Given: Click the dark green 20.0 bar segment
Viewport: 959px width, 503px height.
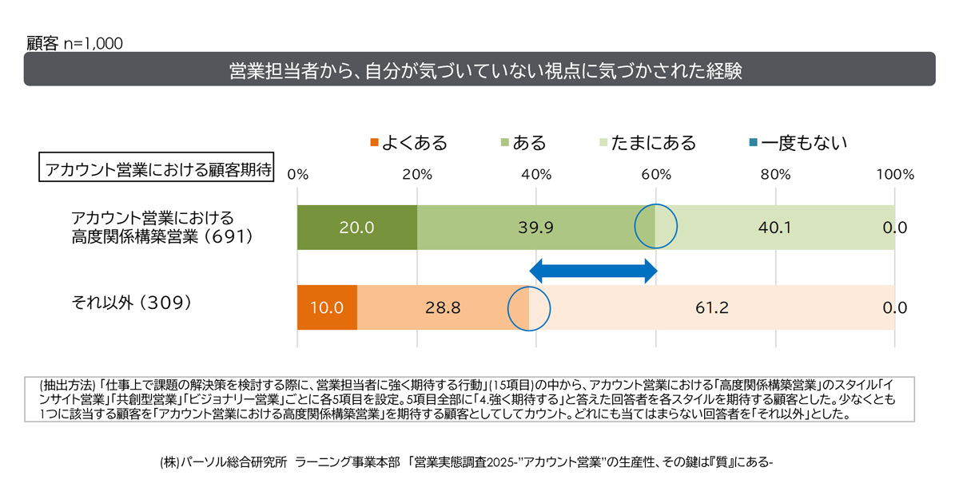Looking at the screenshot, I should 356,228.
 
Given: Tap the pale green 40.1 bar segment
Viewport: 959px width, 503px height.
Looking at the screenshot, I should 775,228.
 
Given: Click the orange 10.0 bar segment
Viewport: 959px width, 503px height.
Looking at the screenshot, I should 327,307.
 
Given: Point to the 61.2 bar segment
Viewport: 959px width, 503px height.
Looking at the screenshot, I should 711,307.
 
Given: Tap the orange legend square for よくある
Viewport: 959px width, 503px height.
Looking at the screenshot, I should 374,144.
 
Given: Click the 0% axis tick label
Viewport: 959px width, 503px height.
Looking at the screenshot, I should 297,174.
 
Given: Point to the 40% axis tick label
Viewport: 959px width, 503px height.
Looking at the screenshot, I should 536,174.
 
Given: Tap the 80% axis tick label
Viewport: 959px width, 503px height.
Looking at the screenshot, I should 775,174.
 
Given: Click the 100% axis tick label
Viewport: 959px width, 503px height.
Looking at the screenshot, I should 894,174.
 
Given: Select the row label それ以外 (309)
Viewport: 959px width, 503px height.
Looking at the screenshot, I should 131,303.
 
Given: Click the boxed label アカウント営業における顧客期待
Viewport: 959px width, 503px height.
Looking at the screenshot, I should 157,170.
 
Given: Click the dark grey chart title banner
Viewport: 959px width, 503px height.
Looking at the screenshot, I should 479,69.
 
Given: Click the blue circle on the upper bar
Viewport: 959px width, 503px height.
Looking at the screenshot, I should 655,227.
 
